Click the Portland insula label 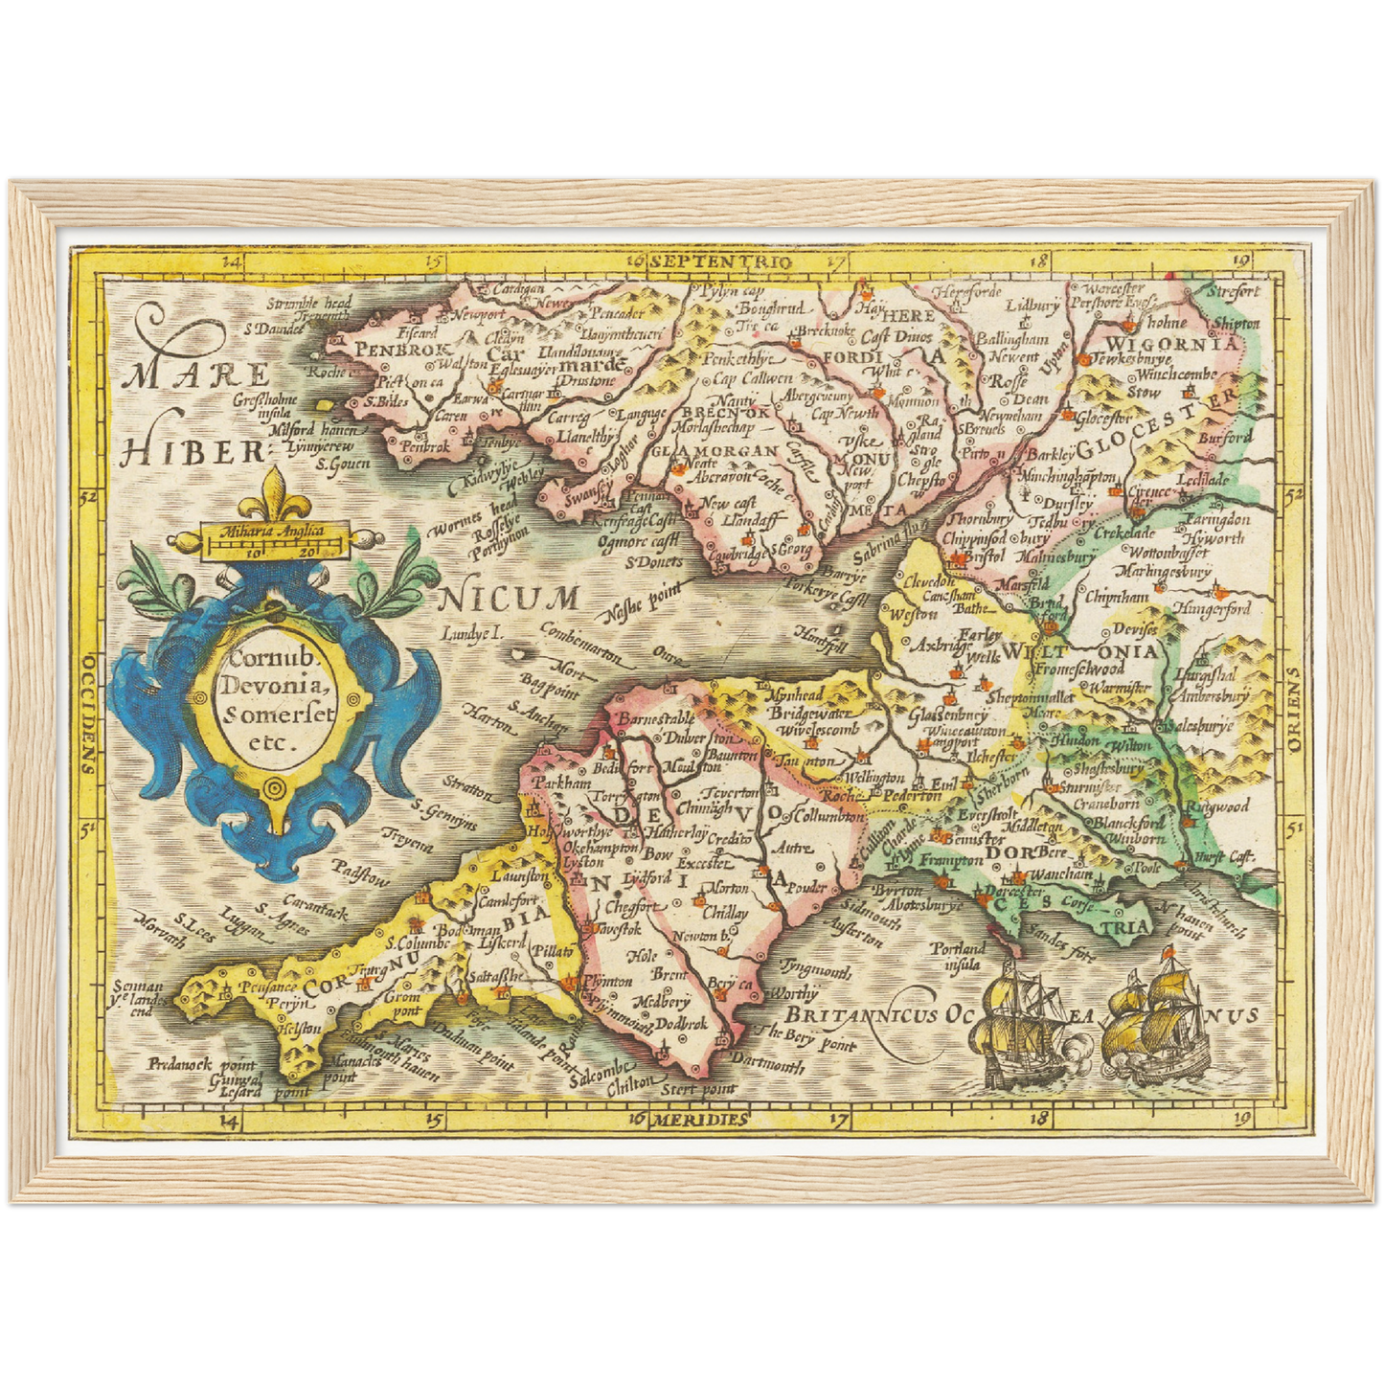(x=960, y=955)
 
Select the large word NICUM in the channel (x=509, y=600)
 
